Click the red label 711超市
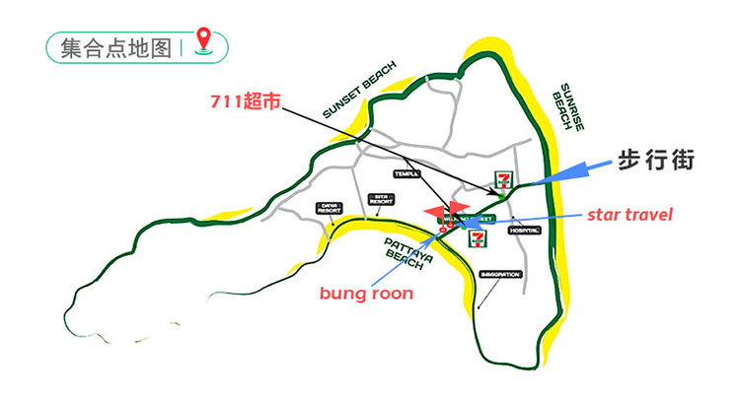tap(247, 100)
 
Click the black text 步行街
tap(656, 161)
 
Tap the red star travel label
tap(629, 214)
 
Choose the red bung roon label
tap(366, 293)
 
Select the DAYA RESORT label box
tap(329, 208)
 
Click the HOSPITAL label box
tap(524, 231)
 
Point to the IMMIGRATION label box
tap(499, 274)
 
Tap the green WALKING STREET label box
tap(472, 218)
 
